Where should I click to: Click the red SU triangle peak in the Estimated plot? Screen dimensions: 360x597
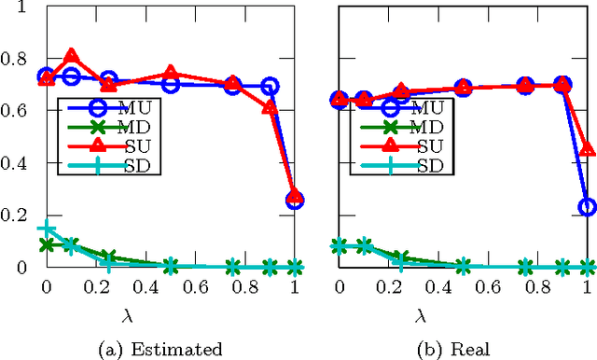click(x=71, y=57)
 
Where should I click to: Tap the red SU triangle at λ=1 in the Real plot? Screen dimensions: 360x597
click(x=587, y=149)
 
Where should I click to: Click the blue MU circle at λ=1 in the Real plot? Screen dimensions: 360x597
click(x=587, y=207)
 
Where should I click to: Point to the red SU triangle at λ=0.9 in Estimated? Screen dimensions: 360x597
click(x=270, y=106)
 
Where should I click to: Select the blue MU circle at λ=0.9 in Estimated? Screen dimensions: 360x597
click(x=270, y=87)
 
